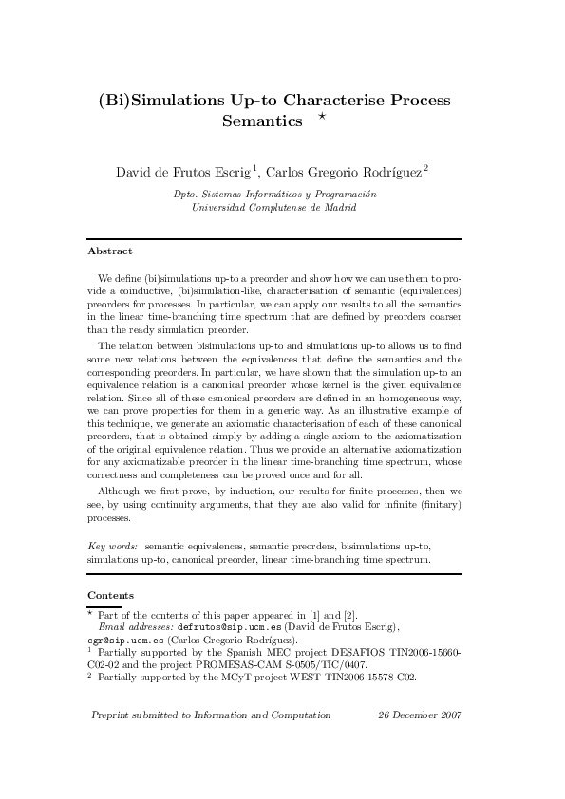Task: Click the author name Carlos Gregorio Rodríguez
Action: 344,172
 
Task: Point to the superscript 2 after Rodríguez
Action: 425,168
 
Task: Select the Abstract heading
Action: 110,251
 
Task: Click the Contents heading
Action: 111,595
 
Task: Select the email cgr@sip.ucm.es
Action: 120,641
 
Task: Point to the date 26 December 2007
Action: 419,715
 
